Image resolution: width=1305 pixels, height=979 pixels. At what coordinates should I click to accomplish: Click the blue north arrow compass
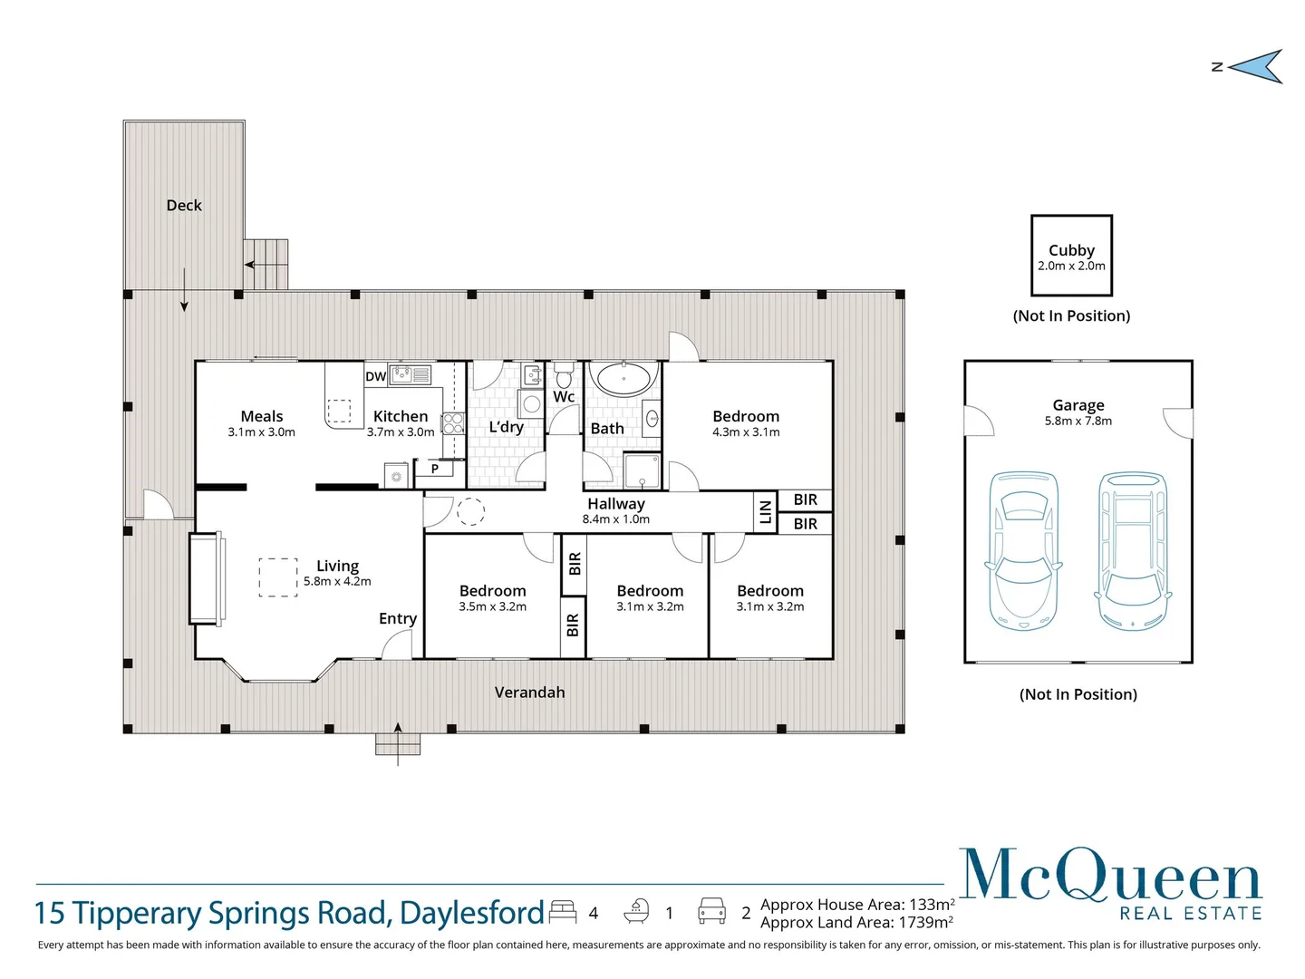[1255, 66]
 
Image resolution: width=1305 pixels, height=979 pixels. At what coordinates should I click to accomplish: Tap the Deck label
[184, 205]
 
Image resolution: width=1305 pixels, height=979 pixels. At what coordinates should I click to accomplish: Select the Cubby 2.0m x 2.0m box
[1071, 256]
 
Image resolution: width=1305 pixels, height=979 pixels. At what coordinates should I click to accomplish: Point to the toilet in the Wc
[564, 374]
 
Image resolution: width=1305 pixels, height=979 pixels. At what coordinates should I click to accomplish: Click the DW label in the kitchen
[376, 376]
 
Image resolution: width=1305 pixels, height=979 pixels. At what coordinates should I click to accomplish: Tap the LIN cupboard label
[766, 512]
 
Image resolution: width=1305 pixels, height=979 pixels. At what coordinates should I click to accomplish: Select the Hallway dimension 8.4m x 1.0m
[616, 519]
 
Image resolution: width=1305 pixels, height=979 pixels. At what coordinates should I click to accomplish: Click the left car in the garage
[1023, 550]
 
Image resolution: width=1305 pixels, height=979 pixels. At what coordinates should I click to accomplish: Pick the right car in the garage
[1133, 550]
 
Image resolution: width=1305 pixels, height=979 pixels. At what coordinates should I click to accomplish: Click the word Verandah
[530, 693]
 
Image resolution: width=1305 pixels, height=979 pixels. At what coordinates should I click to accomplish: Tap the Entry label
[398, 619]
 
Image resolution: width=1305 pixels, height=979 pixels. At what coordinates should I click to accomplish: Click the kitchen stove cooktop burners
[452, 424]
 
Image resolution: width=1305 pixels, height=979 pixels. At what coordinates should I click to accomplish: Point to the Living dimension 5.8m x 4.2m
[337, 581]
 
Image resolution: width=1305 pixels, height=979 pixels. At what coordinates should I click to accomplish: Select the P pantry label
[435, 469]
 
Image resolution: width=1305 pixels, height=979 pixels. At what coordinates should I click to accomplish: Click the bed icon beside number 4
[563, 911]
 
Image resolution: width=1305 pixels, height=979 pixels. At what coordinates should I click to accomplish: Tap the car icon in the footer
[711, 911]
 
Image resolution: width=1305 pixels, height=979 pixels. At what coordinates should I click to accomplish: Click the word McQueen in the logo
[1110, 875]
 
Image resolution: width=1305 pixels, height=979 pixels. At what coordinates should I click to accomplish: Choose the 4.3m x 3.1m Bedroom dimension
[746, 432]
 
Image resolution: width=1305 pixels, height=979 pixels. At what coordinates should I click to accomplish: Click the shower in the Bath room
[643, 470]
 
